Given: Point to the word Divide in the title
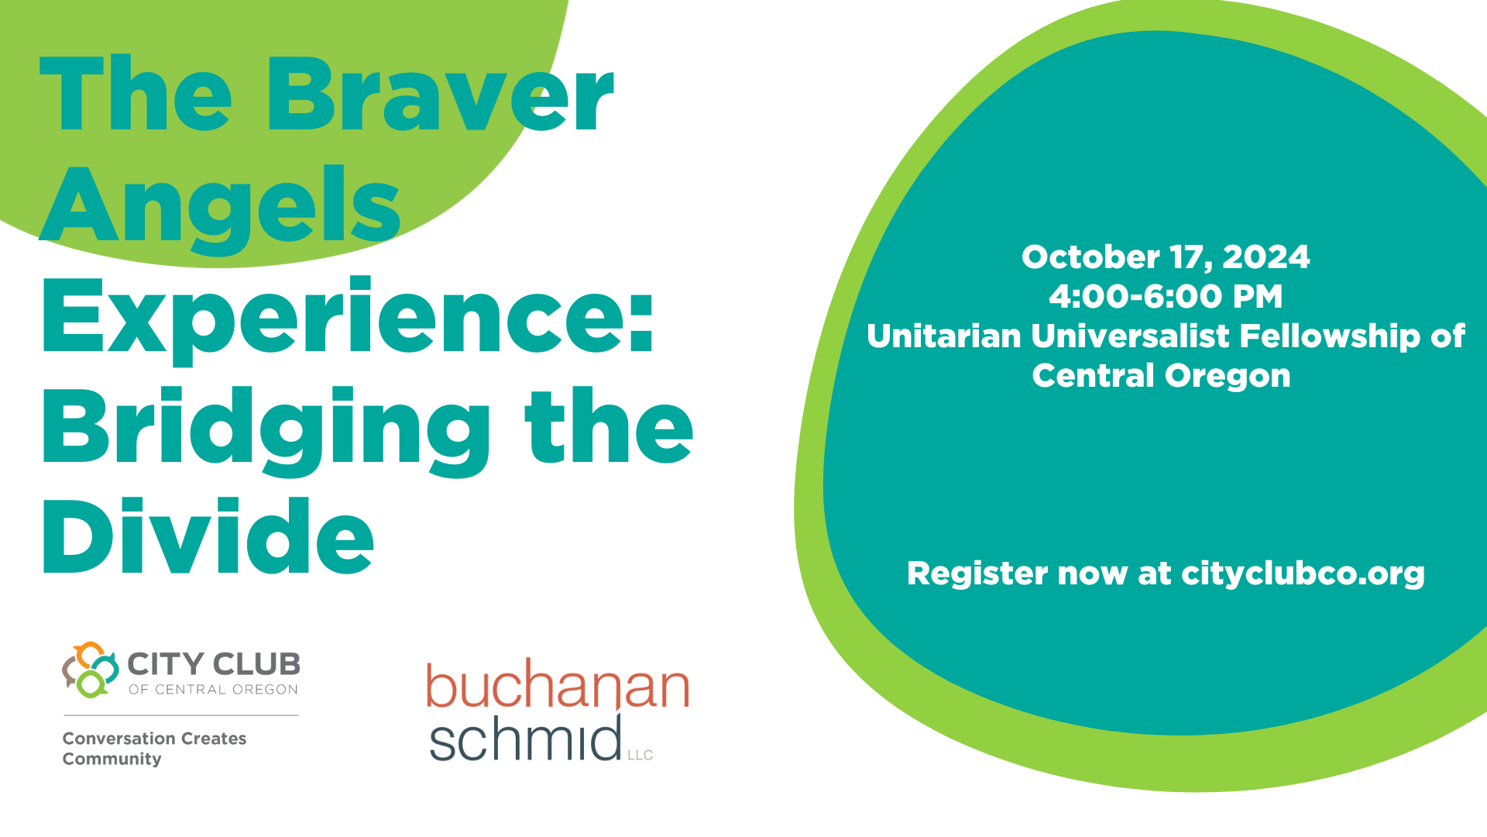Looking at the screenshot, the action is [208, 536].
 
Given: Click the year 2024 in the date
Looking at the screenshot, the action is [1266, 257].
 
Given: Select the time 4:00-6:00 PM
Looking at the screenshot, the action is [1166, 297].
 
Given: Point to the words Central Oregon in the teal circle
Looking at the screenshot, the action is [1161, 377].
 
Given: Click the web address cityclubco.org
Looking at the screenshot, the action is [1303, 574].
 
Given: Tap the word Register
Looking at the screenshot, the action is [977, 574].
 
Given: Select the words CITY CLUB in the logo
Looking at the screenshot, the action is [214, 664].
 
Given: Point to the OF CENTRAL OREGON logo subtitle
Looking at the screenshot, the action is [213, 690].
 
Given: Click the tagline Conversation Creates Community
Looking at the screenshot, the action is [154, 749].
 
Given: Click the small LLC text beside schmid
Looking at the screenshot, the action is [640, 755].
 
